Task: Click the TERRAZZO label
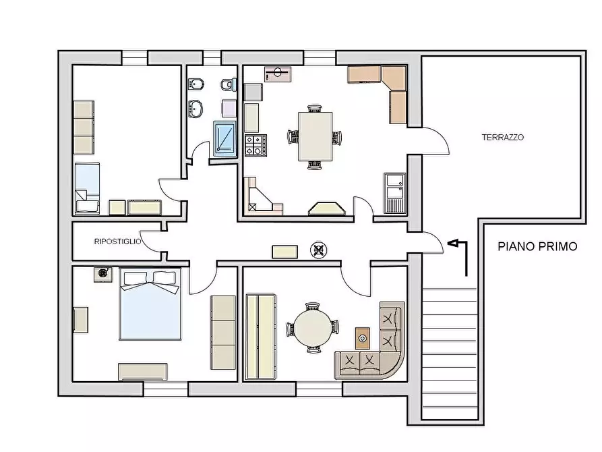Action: tap(502, 137)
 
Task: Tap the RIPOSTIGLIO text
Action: tap(117, 242)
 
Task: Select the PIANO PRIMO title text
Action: tap(537, 246)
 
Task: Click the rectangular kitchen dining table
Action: tap(315, 136)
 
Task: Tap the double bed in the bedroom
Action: tap(150, 304)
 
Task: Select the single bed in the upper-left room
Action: tap(87, 188)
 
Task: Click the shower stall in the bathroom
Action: tap(224, 139)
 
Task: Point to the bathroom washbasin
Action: tap(195, 109)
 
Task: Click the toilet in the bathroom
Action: tap(229, 84)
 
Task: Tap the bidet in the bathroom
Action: tap(195, 84)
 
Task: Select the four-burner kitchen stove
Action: tap(255, 146)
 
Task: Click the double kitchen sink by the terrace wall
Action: tap(394, 193)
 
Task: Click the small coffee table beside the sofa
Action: tap(363, 338)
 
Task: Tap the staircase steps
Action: tap(449, 354)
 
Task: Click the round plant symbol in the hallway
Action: tap(319, 250)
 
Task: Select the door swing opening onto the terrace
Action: tap(435, 141)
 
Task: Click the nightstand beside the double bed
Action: tap(103, 275)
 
